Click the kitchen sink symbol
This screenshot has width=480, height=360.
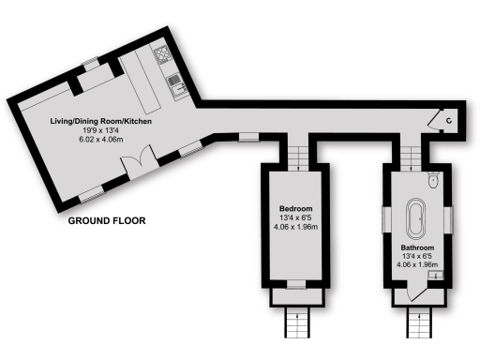coord(173,86)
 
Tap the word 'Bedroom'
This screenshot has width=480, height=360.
coord(295,208)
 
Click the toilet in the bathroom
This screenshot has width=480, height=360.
coord(432,184)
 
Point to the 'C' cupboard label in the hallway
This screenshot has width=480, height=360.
coord(450,120)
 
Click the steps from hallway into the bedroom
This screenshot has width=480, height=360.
coord(296,154)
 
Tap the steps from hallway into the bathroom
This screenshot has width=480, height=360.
coord(412,156)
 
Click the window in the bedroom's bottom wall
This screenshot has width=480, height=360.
coord(295,282)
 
